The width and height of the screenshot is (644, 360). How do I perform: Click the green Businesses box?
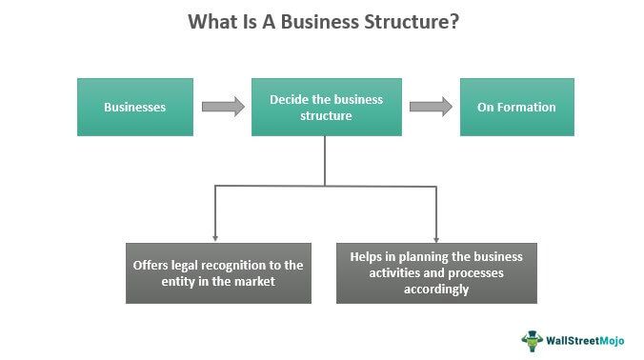tap(134, 107)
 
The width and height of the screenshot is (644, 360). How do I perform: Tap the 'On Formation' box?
tap(516, 107)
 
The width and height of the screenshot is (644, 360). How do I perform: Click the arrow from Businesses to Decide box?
tap(223, 107)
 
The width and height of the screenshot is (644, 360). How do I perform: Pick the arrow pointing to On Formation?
tap(430, 107)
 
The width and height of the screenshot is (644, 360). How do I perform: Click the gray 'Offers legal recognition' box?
tap(218, 272)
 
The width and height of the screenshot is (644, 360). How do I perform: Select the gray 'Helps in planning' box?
tap(436, 272)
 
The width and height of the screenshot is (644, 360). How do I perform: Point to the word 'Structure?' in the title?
tap(412, 22)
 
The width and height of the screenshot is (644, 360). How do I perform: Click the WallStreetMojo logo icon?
tap(531, 338)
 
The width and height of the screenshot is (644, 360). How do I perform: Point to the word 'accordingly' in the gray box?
tap(435, 290)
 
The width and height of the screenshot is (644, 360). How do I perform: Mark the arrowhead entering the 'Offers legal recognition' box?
tap(215, 235)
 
